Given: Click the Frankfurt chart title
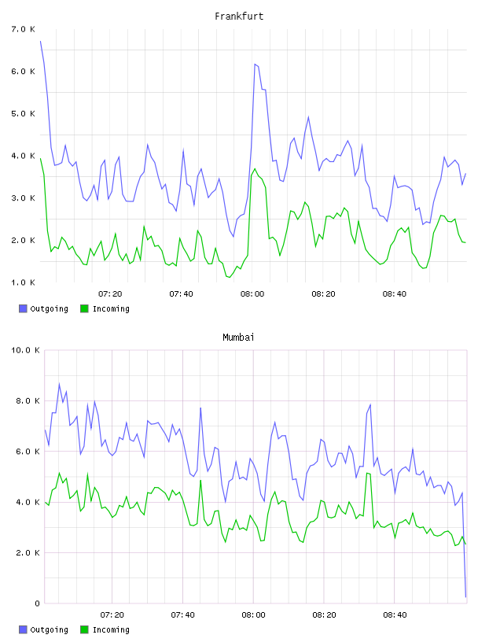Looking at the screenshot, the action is tap(239, 17).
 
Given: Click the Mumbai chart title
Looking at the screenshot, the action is tap(238, 338).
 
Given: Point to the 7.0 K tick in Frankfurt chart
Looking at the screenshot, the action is tap(23, 29).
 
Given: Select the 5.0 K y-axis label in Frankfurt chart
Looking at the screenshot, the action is tap(23, 113).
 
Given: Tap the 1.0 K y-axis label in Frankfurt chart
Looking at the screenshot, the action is tap(23, 282).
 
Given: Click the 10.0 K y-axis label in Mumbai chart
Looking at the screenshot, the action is tap(25, 350).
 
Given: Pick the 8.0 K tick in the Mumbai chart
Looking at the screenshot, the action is tap(28, 400).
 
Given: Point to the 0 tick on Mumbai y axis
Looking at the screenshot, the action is tap(37, 603).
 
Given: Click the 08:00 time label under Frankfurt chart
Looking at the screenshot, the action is tap(252, 294).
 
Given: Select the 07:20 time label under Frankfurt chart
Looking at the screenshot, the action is tap(110, 294).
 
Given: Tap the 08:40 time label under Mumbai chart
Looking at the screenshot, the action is tap(395, 615).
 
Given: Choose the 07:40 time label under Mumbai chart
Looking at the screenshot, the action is tap(182, 615).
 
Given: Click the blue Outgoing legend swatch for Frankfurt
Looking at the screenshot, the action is tap(23, 308).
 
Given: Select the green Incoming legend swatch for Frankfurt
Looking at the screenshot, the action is tap(84, 308).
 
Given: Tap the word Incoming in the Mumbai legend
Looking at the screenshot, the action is tap(111, 629).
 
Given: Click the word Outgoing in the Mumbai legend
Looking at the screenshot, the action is tap(49, 629).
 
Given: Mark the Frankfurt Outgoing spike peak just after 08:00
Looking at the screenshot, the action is tap(255, 65).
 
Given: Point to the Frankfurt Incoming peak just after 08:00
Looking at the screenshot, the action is tap(255, 168).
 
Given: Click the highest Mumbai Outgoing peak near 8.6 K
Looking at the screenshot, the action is tap(59, 384).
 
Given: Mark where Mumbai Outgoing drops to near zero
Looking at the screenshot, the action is tap(465, 597).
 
